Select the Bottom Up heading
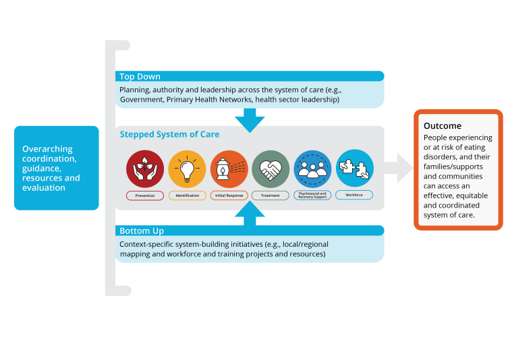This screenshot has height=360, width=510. click(x=141, y=231)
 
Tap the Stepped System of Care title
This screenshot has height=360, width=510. click(x=169, y=134)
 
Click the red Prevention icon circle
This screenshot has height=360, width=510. click(x=145, y=169)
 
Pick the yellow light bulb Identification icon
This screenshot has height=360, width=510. click(x=187, y=169)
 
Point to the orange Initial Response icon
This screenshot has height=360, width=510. click(x=229, y=169)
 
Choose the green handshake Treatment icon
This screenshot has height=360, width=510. click(x=271, y=169)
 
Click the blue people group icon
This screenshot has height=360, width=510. click(x=312, y=169)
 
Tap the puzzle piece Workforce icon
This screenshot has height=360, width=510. click(x=354, y=169)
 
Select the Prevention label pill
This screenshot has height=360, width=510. click(x=145, y=196)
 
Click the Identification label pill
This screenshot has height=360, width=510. click(x=187, y=196)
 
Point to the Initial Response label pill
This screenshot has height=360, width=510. click(x=229, y=196)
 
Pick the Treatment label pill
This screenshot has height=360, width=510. click(x=271, y=196)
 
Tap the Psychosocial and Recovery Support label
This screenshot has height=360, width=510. click(x=312, y=196)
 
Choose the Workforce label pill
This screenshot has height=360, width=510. click(x=354, y=196)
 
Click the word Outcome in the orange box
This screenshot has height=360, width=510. click(x=443, y=126)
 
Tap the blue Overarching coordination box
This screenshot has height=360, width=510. click(x=56, y=168)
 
